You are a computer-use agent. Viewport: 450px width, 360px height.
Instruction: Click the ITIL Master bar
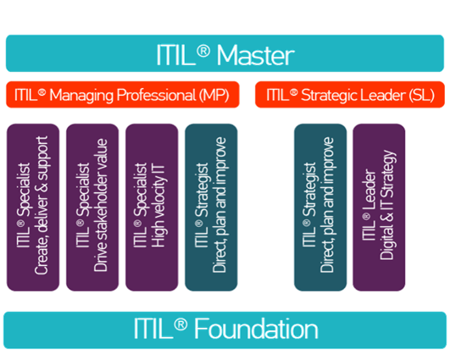click(x=225, y=53)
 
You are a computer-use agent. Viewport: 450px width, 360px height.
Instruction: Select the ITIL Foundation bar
click(x=225, y=330)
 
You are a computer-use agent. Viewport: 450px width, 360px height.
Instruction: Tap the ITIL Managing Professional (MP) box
click(x=123, y=95)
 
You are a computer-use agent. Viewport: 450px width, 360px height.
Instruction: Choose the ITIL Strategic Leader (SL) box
click(x=350, y=95)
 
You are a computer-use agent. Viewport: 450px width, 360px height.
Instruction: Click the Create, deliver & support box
click(x=33, y=208)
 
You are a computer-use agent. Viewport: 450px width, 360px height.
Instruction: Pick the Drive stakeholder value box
click(x=92, y=208)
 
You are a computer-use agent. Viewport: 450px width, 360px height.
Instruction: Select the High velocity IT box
click(x=152, y=208)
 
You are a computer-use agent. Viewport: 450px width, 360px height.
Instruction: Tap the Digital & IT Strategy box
click(x=379, y=208)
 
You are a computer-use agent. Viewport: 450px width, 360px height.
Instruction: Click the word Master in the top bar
click(x=255, y=55)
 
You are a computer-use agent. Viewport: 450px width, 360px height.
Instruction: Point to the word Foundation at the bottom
click(x=256, y=329)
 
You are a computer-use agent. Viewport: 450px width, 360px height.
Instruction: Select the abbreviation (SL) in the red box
click(x=421, y=95)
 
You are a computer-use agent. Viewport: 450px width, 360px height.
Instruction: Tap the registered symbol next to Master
click(x=203, y=52)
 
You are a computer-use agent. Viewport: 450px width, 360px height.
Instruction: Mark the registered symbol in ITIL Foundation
click(x=181, y=325)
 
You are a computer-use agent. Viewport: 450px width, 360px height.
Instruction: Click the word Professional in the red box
click(x=157, y=95)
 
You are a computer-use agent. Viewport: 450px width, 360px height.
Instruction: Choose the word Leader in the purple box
click(x=370, y=190)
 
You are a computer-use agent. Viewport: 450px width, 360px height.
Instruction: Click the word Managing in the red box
click(x=81, y=96)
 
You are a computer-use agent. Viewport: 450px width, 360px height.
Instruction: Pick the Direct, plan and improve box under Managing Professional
click(x=211, y=208)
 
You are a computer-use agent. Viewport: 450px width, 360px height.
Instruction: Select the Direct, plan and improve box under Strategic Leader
click(x=320, y=208)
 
